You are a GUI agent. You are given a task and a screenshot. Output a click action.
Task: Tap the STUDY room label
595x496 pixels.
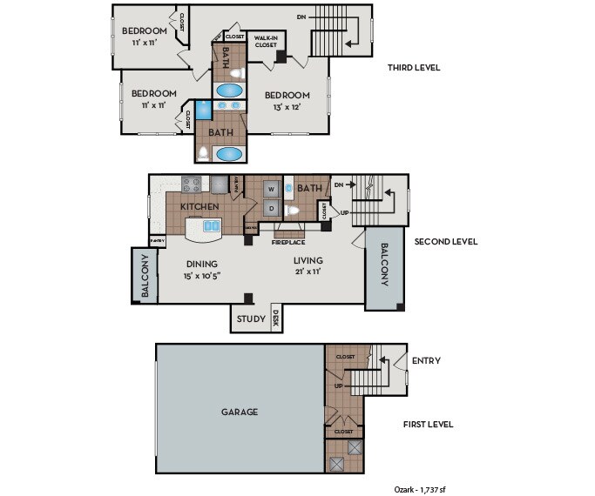[x=251, y=319]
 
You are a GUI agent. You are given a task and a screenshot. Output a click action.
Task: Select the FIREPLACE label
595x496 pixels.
[x=287, y=242]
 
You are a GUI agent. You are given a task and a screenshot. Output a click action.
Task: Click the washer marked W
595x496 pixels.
[x=271, y=188]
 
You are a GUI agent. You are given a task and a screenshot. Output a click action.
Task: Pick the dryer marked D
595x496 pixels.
[x=271, y=208]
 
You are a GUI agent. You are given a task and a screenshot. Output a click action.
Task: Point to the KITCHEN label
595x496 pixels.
[x=199, y=207]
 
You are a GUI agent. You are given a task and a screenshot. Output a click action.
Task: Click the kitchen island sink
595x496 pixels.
[x=212, y=226]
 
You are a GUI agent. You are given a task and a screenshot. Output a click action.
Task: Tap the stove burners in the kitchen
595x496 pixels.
[x=191, y=184]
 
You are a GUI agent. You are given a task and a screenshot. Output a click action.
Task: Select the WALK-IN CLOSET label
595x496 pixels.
[x=265, y=41]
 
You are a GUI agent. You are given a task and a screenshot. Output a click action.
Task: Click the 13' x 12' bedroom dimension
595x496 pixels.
[x=288, y=107]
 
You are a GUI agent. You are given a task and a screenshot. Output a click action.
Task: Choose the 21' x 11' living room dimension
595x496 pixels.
[x=308, y=271]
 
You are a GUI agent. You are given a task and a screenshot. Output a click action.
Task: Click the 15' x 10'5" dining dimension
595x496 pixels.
[x=201, y=276]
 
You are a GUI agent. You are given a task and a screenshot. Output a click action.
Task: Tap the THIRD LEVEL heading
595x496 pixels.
[x=414, y=68]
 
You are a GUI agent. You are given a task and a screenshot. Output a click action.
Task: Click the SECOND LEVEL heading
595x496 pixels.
[x=446, y=242]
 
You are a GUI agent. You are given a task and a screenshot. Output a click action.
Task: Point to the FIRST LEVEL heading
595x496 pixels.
[x=428, y=425]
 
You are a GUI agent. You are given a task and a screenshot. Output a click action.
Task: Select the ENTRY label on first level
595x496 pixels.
[x=426, y=360]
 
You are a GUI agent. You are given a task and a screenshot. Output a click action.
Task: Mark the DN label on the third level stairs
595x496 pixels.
[x=301, y=17]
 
